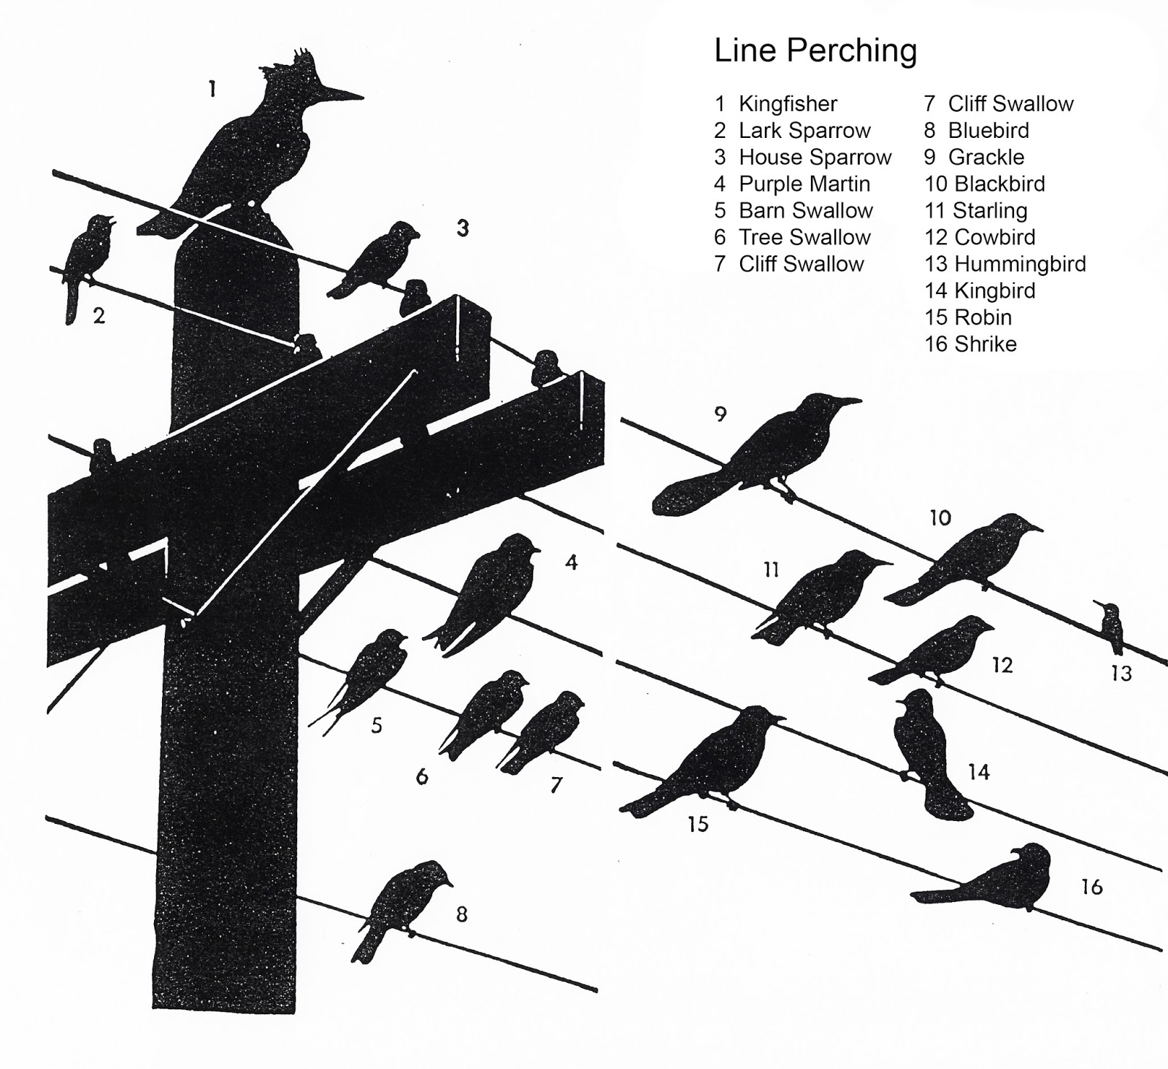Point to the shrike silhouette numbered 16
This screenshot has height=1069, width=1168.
click(1007, 879)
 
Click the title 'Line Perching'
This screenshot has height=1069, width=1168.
click(815, 50)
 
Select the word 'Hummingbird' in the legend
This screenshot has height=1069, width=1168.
click(1020, 263)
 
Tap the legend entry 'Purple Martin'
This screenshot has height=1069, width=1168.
click(804, 184)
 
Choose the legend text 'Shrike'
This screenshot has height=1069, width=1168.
click(985, 344)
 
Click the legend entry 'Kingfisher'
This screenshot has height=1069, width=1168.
click(788, 104)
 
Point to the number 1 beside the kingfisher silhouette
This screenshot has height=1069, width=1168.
click(212, 89)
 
